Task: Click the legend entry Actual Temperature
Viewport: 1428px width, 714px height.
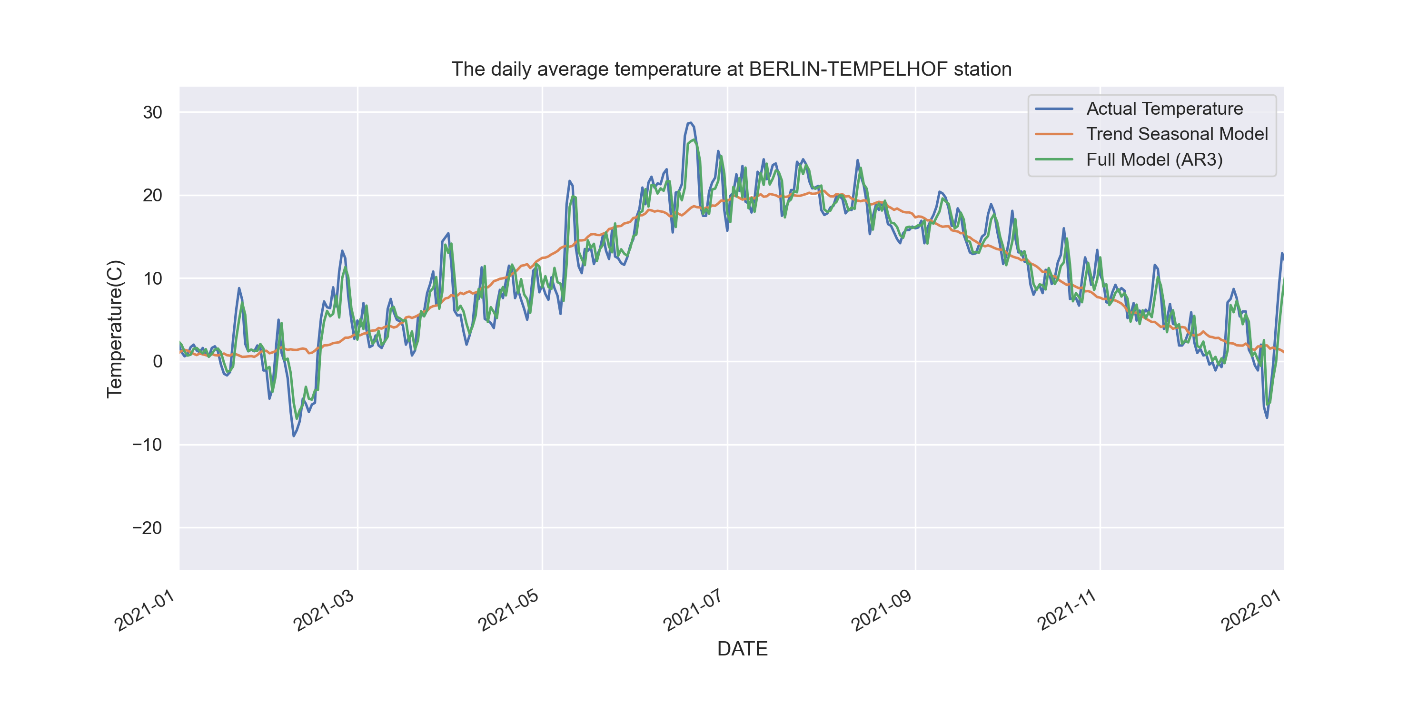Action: tap(1164, 109)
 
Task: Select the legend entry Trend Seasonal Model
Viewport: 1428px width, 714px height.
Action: tap(1176, 134)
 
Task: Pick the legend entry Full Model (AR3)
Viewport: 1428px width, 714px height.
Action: tap(1154, 159)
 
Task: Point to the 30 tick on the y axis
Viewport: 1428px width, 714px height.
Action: tap(152, 112)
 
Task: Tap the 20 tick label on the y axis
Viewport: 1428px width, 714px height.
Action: tap(152, 196)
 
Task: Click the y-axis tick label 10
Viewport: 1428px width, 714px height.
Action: tap(152, 278)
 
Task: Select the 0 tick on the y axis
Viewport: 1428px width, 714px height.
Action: tap(158, 361)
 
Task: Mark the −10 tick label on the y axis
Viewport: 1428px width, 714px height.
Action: tap(147, 445)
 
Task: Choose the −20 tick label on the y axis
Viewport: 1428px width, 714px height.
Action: tap(147, 528)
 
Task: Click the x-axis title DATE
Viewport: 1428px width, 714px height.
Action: tap(742, 649)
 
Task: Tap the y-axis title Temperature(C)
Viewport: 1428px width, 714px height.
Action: tap(115, 329)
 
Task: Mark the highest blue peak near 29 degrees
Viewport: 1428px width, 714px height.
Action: tap(690, 123)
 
